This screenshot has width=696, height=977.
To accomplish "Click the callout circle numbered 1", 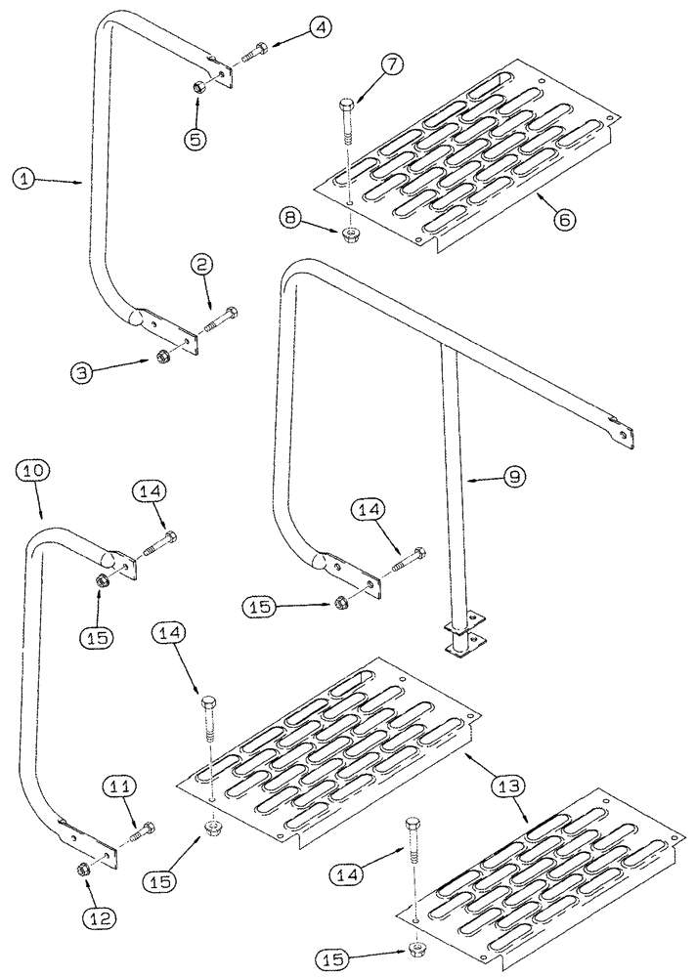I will pos(24,178).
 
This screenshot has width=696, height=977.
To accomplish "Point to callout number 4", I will pos(320,30).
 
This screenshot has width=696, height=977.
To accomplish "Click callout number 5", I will pos(197,139).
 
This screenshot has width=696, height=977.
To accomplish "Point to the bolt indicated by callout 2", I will pos(222,319).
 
